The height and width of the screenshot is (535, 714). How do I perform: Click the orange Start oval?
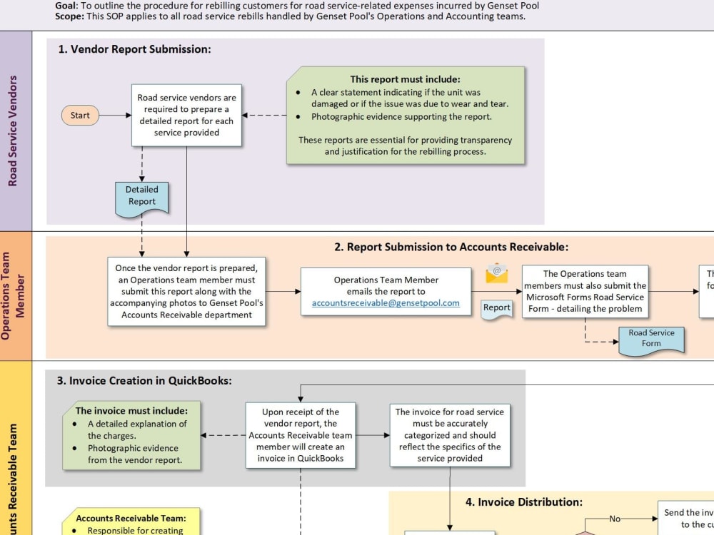(x=80, y=116)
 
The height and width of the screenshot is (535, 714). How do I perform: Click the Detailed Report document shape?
(x=142, y=196)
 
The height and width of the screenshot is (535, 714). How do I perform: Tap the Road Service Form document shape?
(x=650, y=338)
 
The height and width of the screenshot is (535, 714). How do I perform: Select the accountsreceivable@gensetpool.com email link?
(x=386, y=302)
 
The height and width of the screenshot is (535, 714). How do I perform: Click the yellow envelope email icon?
(x=496, y=273)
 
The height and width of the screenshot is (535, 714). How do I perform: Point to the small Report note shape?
(x=496, y=308)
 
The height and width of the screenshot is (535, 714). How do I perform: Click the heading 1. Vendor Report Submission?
(x=134, y=49)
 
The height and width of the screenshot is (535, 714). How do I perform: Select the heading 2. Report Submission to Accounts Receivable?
(x=451, y=247)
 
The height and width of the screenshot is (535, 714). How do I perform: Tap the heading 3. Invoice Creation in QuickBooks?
(x=144, y=381)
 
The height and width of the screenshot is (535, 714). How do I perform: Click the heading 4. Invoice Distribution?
(x=524, y=502)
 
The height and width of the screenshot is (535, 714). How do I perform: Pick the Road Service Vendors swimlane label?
(x=13, y=131)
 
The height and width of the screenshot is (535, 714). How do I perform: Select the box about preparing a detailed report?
(x=186, y=116)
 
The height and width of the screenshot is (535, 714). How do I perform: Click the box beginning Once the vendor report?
(x=186, y=292)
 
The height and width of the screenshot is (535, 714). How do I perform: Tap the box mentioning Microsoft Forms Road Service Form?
(x=585, y=291)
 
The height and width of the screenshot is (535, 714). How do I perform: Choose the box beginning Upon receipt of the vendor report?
(x=301, y=435)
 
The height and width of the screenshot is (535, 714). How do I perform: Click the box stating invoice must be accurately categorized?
(x=450, y=435)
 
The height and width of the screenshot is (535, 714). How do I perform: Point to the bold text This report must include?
(x=405, y=79)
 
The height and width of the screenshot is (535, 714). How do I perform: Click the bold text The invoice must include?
(x=132, y=411)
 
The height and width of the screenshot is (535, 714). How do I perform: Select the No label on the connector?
(x=615, y=519)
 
